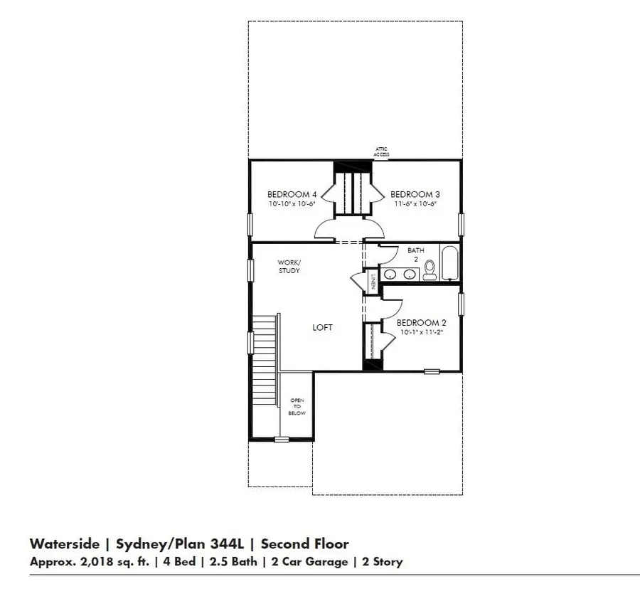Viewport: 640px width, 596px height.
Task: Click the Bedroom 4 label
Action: coord(292,194)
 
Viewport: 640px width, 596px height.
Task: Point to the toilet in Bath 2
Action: coord(430,268)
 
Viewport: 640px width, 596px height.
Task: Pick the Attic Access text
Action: coord(382,151)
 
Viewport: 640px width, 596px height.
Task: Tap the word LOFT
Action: coord(322,328)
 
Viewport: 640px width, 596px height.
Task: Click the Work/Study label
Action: coord(288,267)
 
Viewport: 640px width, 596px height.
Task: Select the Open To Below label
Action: coord(297,406)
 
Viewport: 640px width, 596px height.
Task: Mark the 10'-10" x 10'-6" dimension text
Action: coord(292,204)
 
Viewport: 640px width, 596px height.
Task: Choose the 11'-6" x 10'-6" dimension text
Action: coord(414,204)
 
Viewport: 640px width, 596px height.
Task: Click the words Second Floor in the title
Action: coord(304,544)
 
